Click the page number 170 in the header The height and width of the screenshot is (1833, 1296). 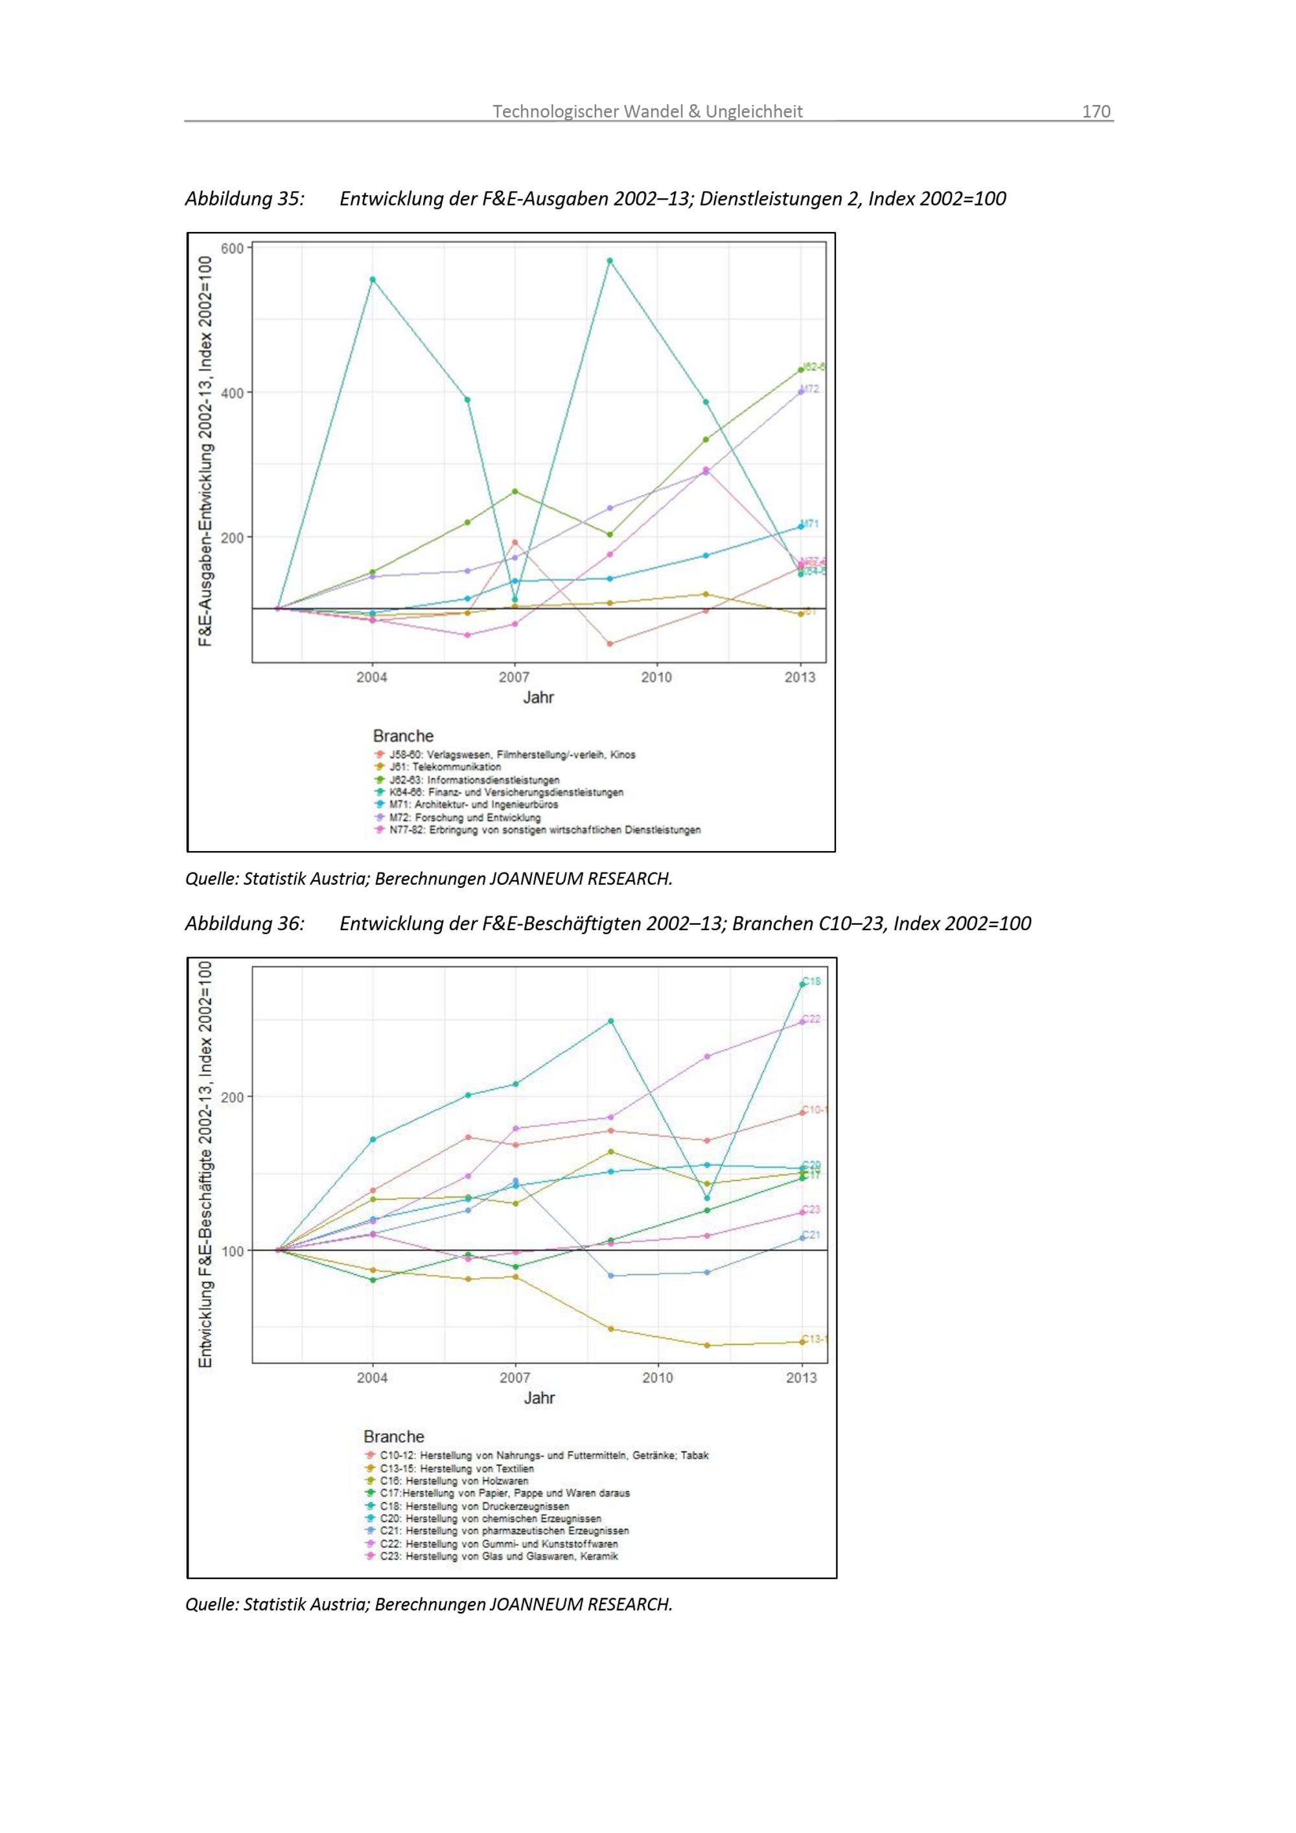coord(1096,111)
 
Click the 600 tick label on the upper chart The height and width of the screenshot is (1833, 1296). coord(232,249)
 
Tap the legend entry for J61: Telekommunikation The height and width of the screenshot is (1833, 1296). coord(445,767)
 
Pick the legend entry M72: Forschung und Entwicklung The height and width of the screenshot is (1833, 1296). coord(465,817)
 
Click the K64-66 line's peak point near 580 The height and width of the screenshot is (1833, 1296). coord(610,261)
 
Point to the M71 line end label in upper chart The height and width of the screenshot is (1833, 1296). coord(809,524)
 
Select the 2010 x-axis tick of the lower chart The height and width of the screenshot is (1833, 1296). coord(658,1377)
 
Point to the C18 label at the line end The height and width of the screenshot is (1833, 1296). coord(811,981)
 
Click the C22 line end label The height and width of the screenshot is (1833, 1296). coord(811,1019)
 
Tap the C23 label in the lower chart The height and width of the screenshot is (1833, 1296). coord(811,1209)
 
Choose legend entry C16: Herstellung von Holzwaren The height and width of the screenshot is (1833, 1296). coord(454,1481)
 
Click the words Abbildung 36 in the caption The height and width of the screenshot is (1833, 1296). coord(244,924)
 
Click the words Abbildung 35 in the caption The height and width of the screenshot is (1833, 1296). coord(244,199)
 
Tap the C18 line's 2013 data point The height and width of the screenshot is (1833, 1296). coord(802,985)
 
